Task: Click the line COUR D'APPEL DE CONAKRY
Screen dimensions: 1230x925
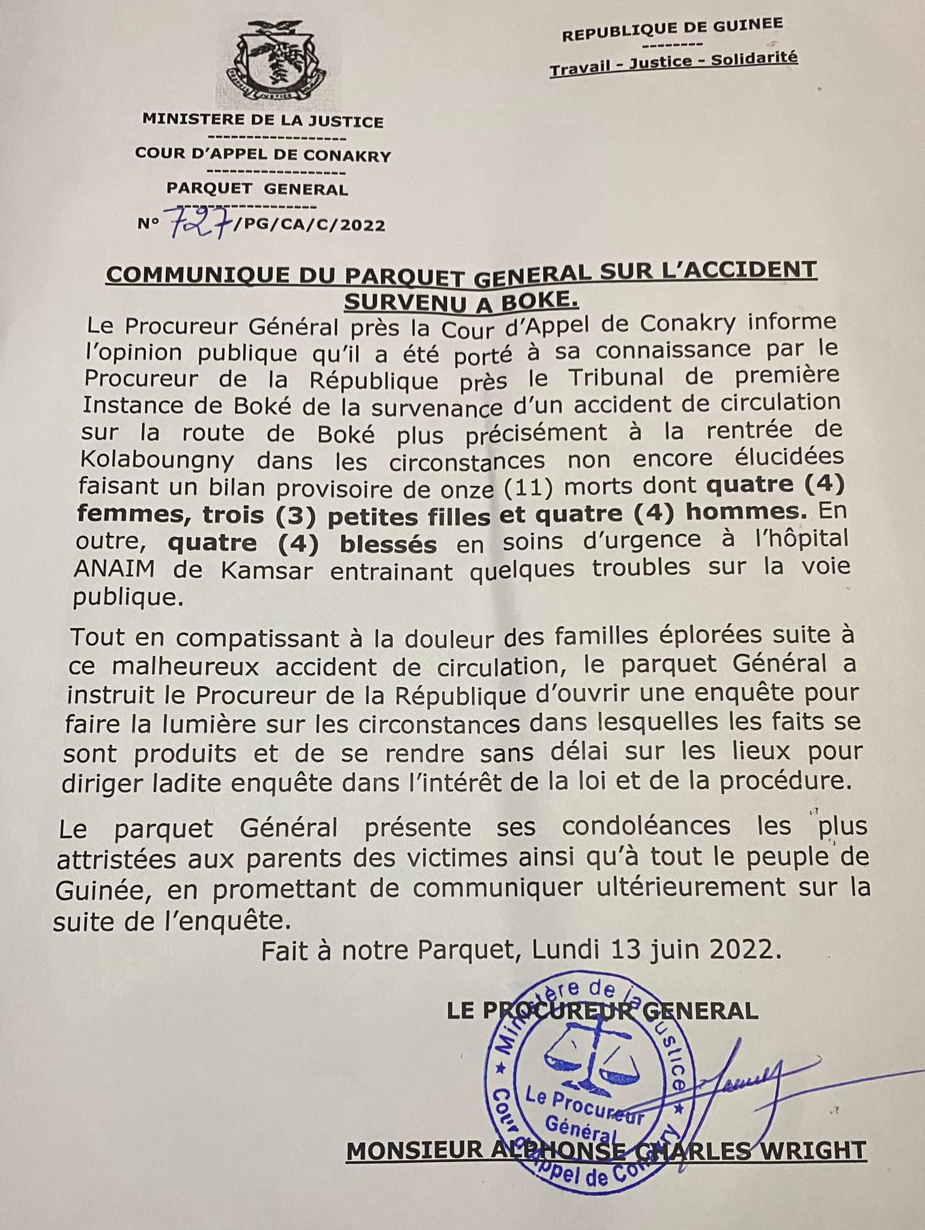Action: tap(262, 156)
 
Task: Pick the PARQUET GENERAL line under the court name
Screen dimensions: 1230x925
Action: tap(257, 190)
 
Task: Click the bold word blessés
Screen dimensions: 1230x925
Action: tap(388, 544)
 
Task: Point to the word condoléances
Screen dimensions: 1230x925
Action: tap(646, 826)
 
